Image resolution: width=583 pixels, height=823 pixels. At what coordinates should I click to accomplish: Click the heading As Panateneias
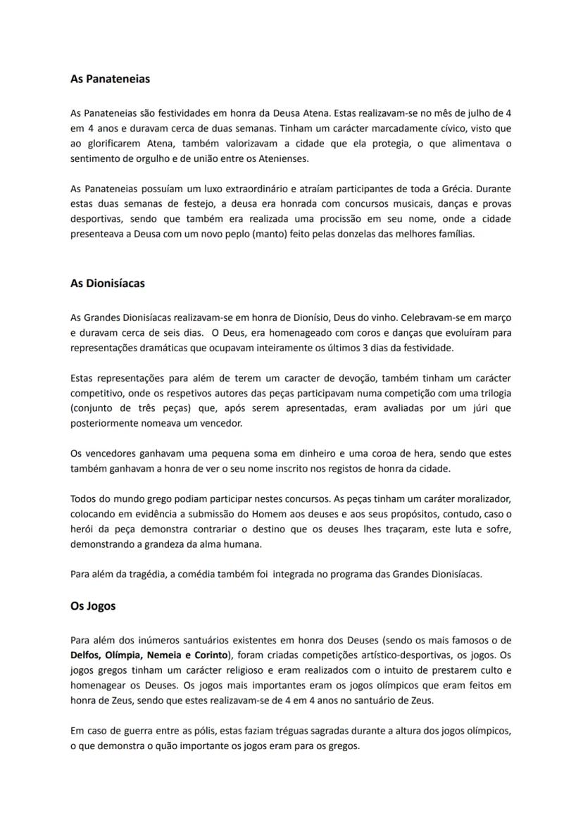(x=110, y=79)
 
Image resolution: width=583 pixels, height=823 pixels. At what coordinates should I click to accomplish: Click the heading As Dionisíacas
(x=108, y=283)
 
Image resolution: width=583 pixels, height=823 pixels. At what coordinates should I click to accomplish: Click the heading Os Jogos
(x=93, y=605)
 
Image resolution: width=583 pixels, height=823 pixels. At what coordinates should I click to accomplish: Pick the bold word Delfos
(x=85, y=655)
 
